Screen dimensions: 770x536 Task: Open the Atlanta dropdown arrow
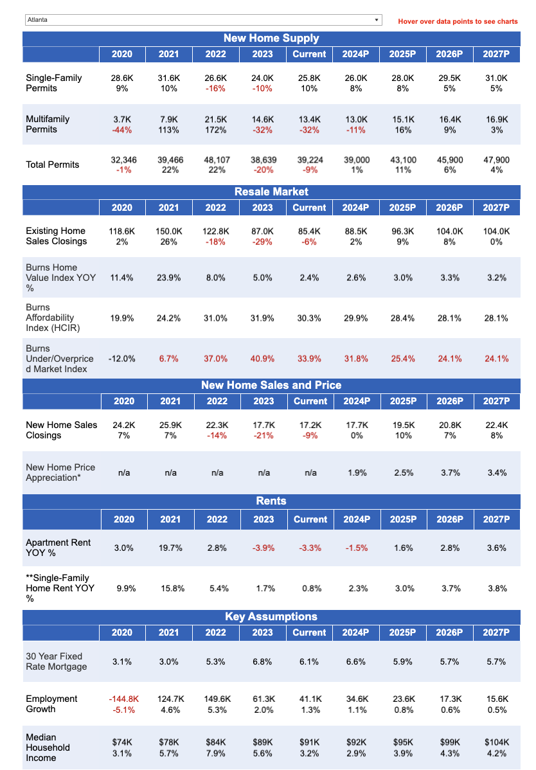[377, 20]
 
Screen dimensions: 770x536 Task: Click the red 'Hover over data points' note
[458, 21]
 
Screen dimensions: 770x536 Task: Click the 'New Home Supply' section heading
[271, 38]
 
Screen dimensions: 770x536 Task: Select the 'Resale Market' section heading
[271, 192]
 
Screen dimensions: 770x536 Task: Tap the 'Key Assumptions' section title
[271, 616]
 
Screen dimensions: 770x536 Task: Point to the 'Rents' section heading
[271, 501]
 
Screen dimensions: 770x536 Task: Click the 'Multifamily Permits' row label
[48, 124]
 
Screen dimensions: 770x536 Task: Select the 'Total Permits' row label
[53, 165]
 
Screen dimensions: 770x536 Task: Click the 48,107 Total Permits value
[217, 160]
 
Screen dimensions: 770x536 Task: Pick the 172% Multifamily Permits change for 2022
[216, 130]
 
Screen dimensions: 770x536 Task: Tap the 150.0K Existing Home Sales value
[169, 231]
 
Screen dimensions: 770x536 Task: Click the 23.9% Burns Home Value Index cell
[169, 278]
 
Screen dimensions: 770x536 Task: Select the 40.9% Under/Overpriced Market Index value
[262, 359]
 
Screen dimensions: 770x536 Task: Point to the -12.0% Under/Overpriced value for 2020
[122, 359]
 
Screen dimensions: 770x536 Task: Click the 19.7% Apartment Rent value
[170, 548]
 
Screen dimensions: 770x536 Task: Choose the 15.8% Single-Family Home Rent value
[170, 588]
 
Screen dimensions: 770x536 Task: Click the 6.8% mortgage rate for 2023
[262, 661]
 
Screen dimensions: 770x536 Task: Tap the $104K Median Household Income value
[497, 742]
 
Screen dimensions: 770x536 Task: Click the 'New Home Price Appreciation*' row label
[60, 472]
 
